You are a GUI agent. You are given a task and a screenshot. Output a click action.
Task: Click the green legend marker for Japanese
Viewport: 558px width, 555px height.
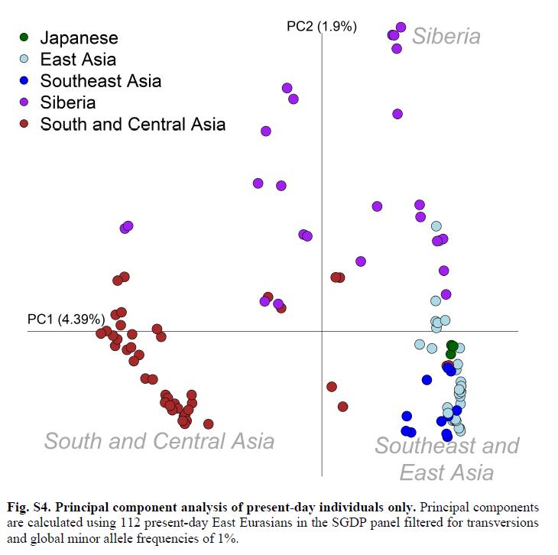(24, 37)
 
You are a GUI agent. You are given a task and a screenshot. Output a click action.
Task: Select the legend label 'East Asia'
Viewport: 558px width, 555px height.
(78, 59)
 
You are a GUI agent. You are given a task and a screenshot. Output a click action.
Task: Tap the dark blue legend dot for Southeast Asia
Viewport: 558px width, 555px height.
(24, 80)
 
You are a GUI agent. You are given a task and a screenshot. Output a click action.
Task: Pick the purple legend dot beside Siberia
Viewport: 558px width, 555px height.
(24, 102)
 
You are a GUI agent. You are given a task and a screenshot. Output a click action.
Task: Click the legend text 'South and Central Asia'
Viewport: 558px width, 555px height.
(132, 123)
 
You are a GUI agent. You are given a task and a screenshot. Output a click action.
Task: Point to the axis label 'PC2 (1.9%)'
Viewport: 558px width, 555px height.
(321, 26)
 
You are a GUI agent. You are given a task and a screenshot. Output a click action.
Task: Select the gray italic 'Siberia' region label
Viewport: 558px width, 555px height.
(446, 36)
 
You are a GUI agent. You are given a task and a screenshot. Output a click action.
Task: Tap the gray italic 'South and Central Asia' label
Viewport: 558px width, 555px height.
(159, 441)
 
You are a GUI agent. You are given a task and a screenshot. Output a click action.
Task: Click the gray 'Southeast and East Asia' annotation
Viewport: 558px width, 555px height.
(446, 458)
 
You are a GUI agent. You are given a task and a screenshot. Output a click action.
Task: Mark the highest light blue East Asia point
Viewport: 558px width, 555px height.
(436, 226)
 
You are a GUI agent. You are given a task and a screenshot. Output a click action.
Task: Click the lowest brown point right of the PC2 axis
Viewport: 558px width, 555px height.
(342, 407)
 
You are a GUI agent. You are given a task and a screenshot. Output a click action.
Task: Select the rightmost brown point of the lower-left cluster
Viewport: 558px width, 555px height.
(208, 424)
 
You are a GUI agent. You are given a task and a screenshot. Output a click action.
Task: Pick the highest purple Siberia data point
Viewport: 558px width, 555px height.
(401, 27)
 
